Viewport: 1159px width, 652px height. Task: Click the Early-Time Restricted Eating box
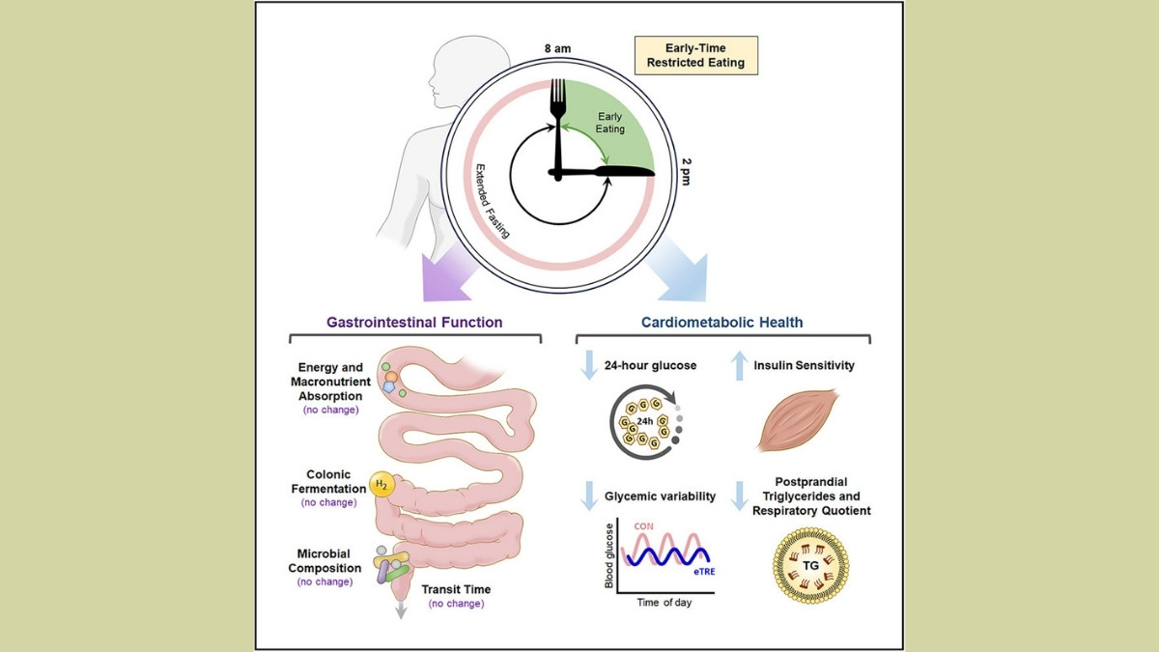tap(695, 56)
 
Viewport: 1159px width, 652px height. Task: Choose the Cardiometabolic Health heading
tap(722, 323)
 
